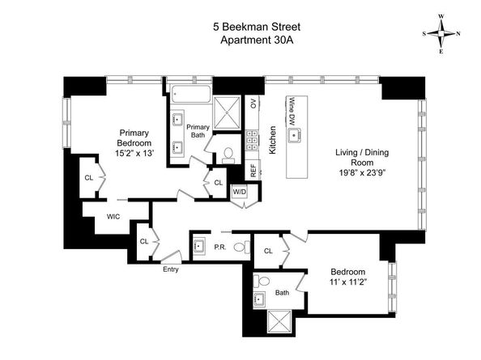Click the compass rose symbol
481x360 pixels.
click(442, 33)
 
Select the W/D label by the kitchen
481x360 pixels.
click(239, 192)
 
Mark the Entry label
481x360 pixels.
click(171, 269)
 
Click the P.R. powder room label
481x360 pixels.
click(219, 248)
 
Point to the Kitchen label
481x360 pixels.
click(274, 139)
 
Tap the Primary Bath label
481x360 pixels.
click(198, 131)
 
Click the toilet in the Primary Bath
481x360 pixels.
click(227, 153)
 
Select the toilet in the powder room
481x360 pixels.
click(240, 247)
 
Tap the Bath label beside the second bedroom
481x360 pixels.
click(282, 293)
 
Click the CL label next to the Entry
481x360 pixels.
click(144, 242)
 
